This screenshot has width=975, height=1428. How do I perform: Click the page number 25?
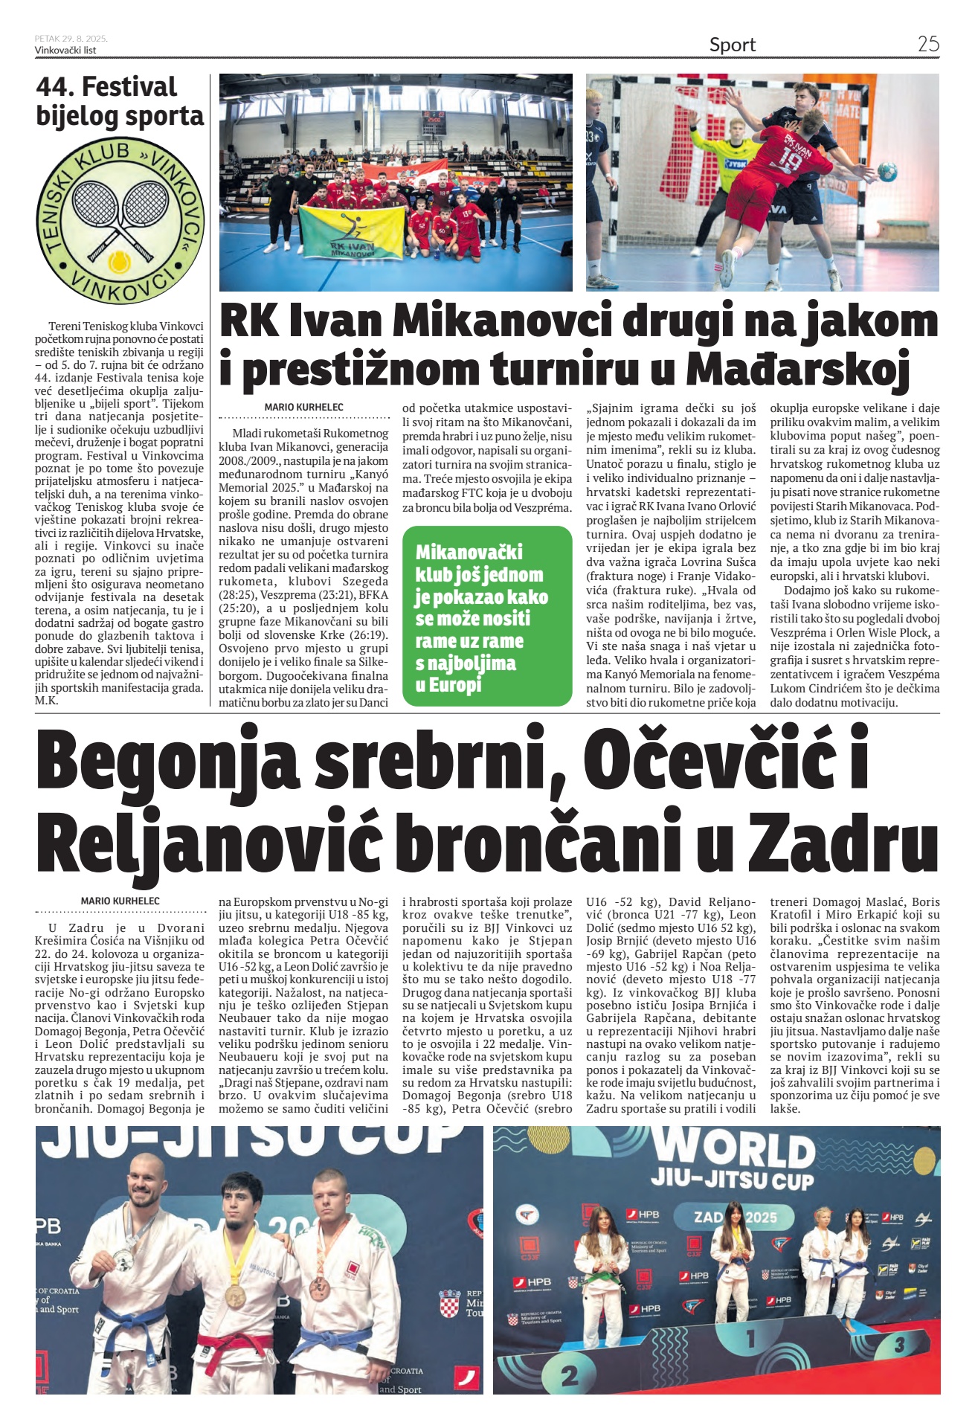point(927,44)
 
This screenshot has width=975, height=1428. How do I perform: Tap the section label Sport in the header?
point(732,45)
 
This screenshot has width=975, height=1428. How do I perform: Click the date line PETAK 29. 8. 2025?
point(71,39)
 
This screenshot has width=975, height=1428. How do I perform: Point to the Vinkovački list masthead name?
point(65,51)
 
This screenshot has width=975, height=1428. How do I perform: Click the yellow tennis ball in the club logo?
point(118,263)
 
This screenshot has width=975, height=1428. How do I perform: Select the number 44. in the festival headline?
point(57,87)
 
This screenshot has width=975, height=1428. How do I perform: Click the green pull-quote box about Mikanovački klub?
point(486,616)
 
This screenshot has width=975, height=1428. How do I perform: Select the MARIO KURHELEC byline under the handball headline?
point(303,407)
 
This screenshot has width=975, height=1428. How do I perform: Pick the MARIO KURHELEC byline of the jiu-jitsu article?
point(120,901)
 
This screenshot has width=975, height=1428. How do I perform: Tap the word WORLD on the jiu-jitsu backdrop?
point(735,1150)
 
